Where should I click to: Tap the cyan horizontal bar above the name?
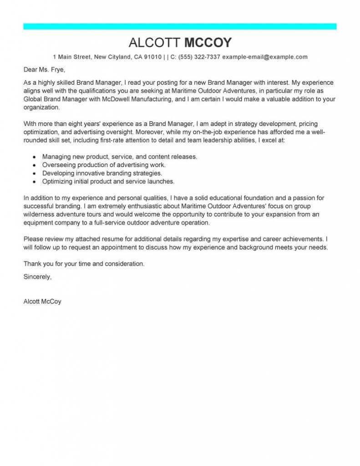180,26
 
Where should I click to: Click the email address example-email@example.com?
265,57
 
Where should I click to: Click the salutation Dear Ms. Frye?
44,70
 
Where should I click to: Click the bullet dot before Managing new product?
34,157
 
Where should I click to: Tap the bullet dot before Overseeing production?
34,165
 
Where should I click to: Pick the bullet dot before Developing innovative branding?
34,173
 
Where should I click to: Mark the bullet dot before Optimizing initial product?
34,181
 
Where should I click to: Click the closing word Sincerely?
37,276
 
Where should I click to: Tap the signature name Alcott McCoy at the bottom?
42,301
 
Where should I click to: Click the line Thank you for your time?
84,263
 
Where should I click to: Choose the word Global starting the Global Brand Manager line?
33,99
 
